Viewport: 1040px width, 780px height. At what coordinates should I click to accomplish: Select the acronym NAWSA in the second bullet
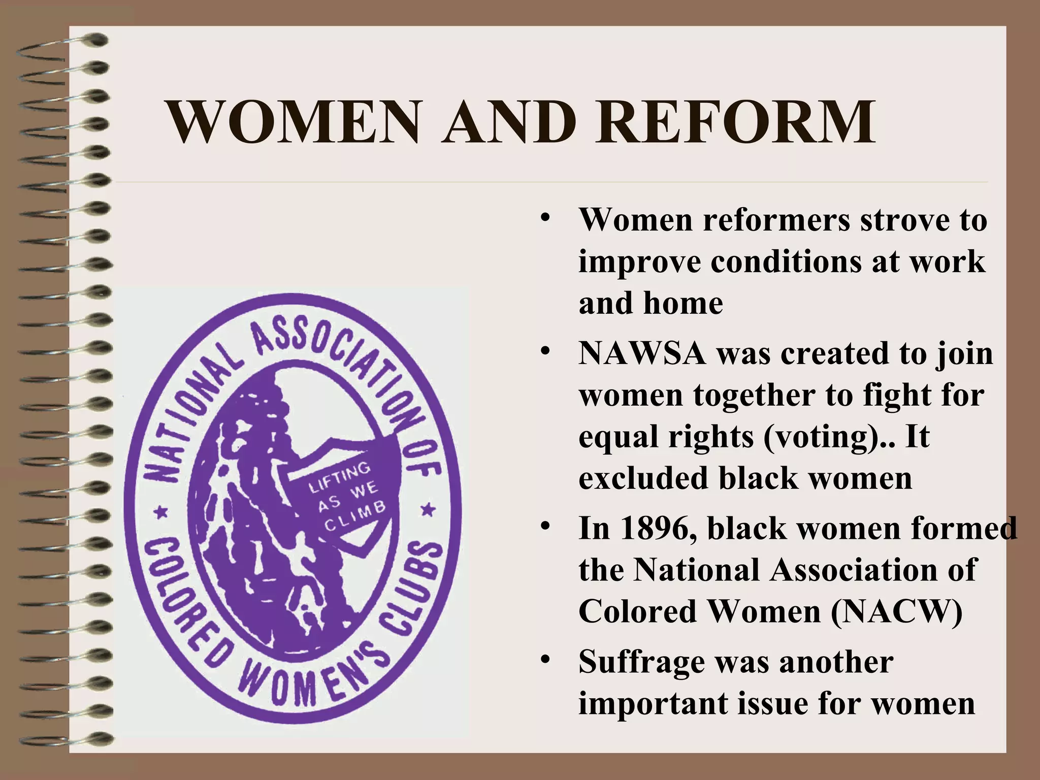642,353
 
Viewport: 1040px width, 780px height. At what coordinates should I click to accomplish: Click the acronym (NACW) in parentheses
897,611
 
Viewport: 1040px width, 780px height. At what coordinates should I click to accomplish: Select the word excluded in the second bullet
643,478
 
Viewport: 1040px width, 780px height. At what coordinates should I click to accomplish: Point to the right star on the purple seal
428,509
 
